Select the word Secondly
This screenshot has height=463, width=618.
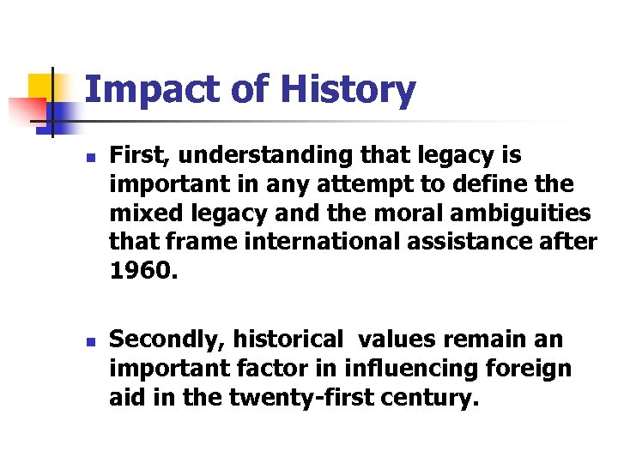[164, 340]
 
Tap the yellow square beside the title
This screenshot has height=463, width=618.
[40, 86]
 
